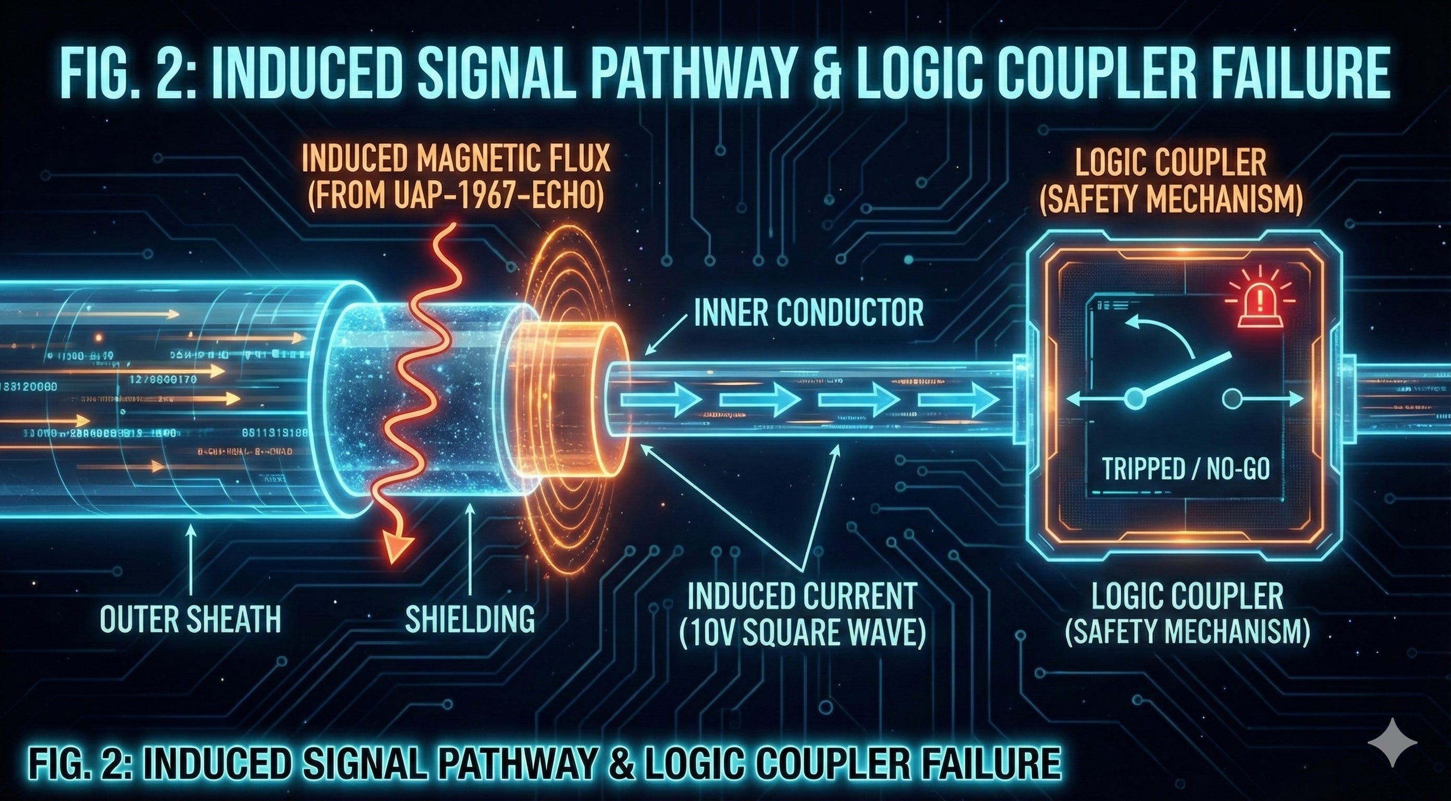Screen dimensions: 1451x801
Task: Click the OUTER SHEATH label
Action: [190, 619]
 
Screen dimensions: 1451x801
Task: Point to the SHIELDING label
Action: [470, 619]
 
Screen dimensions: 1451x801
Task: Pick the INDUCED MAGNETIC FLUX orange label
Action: [456, 159]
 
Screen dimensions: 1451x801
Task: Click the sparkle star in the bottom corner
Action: [1393, 743]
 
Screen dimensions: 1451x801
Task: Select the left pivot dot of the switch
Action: [1135, 399]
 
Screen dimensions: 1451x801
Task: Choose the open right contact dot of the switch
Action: [1232, 399]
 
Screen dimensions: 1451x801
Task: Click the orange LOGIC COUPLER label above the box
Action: [1171, 162]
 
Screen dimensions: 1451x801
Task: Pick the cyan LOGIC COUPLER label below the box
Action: [1187, 596]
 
